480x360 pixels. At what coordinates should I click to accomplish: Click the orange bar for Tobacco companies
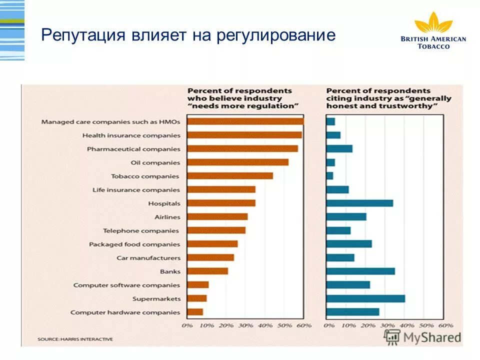pyautogui.click(x=230, y=176)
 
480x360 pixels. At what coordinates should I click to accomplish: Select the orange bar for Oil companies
pyautogui.click(x=237, y=162)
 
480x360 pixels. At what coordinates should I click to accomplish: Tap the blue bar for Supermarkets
pyautogui.click(x=365, y=298)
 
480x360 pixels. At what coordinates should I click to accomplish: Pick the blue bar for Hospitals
pyautogui.click(x=359, y=203)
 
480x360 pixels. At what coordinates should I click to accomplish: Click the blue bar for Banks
pyautogui.click(x=360, y=271)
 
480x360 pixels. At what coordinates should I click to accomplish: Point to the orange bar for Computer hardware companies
pyautogui.click(x=195, y=312)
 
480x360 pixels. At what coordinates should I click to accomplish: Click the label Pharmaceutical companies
pyautogui.click(x=133, y=149)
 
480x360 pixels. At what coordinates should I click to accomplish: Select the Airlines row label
pyautogui.click(x=168, y=217)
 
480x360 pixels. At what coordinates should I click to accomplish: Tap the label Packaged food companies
pyautogui.click(x=134, y=244)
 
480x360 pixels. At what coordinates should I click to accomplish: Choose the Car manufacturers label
pyautogui.click(x=148, y=258)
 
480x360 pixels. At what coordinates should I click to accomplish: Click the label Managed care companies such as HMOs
pyautogui.click(x=110, y=121)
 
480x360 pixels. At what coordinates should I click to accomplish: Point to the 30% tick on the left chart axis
pyautogui.click(x=245, y=325)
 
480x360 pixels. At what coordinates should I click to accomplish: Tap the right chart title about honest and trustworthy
pyautogui.click(x=388, y=98)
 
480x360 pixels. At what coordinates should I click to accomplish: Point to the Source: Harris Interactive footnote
pyautogui.click(x=75, y=339)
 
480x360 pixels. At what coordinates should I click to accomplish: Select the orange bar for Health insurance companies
pyautogui.click(x=244, y=135)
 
